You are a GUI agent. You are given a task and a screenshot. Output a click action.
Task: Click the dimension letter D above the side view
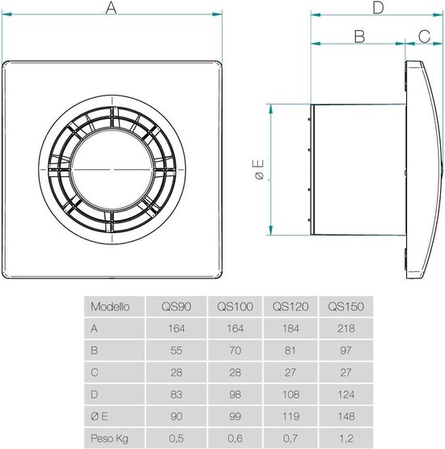pos(377,9)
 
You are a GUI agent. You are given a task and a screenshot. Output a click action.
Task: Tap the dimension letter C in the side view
pos(423,36)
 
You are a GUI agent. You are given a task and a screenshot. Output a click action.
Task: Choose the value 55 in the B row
pos(176,350)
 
